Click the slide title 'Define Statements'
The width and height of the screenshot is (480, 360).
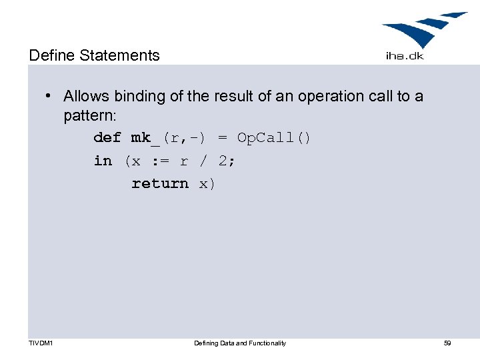[94, 55]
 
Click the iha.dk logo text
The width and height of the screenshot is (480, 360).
[405, 56]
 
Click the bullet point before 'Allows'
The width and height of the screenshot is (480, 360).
[49, 96]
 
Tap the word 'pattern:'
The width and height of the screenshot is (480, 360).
[90, 115]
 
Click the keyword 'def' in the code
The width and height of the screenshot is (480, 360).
[107, 138]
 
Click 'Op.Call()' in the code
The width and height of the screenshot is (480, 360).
[274, 138]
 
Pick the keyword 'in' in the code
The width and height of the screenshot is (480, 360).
[103, 161]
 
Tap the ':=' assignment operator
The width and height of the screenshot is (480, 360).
[161, 161]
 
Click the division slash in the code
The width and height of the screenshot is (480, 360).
[203, 161]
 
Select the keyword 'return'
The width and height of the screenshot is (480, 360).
[160, 183]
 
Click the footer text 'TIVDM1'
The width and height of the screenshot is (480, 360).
[41, 343]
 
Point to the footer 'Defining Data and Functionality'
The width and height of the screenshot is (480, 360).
[240, 343]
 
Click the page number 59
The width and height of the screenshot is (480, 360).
[447, 343]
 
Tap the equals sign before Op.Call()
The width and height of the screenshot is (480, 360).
[223, 138]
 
